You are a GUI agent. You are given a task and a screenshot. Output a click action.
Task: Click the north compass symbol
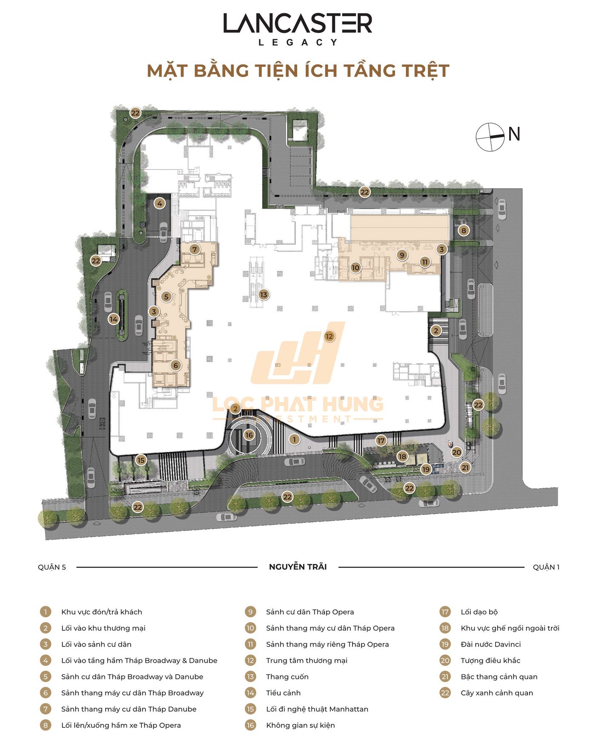490,137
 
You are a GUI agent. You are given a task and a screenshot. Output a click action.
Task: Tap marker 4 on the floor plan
160,203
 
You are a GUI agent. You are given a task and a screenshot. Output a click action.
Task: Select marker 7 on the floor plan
195,249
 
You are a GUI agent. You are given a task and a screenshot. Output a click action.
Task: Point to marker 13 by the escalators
264,294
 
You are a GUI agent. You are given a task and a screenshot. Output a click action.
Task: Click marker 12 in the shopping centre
329,336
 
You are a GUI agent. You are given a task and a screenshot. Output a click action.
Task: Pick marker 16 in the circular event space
249,435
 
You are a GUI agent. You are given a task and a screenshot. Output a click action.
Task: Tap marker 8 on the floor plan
463,231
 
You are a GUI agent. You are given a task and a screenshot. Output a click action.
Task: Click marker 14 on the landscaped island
113,319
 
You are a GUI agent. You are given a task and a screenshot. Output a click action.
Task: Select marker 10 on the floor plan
355,268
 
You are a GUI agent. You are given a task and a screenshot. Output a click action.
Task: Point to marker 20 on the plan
456,452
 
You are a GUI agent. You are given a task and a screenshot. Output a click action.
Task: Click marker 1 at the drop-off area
294,439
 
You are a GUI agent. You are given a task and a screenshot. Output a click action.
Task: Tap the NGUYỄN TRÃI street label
298,566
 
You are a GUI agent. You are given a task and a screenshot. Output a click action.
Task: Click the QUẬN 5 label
52,567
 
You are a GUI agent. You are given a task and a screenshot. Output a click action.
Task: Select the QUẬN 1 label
546,567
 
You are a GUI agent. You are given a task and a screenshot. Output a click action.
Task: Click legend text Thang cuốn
287,676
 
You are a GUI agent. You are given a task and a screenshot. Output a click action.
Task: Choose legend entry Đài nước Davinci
490,644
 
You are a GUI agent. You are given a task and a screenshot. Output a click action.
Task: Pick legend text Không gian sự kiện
301,725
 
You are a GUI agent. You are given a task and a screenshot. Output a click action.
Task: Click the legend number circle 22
445,693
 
